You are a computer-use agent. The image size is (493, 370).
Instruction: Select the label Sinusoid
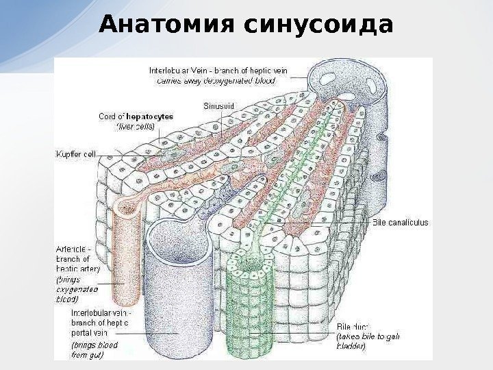(219, 106)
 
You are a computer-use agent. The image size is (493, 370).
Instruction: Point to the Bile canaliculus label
(400, 222)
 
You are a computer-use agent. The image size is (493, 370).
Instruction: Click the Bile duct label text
(352, 327)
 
